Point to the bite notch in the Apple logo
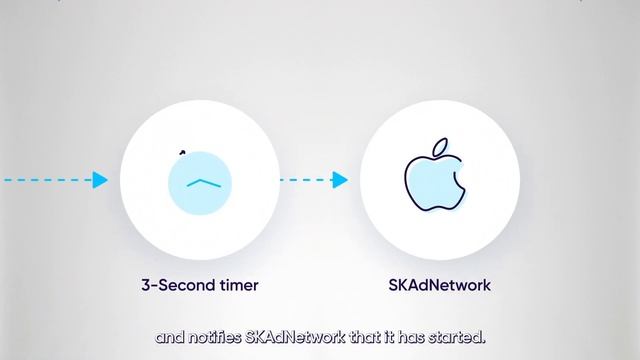click(460, 177)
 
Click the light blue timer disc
click(200, 181)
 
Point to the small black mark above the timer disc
click(182, 152)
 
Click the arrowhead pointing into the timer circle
click(99, 180)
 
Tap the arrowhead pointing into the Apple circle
click(339, 180)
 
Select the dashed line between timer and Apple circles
click(305, 180)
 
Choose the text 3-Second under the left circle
click(175, 285)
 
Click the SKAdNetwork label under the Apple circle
click(439, 285)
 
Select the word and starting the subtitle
click(167, 337)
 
